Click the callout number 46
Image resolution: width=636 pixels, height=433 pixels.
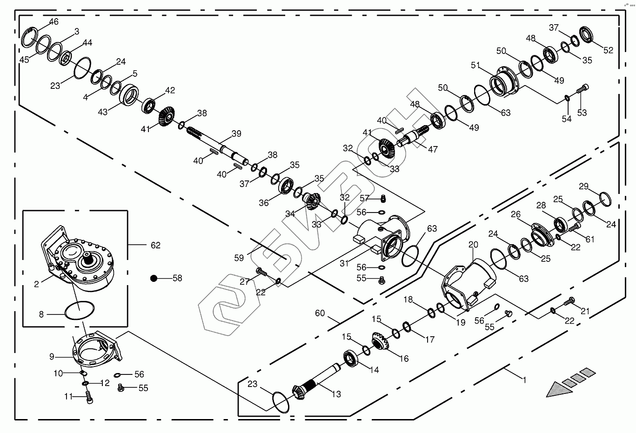point(54,22)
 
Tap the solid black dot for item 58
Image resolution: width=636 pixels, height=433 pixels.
point(154,278)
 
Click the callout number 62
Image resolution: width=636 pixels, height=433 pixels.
point(155,245)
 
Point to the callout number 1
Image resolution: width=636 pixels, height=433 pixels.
point(524,380)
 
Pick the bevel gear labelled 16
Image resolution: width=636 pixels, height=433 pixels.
point(381,341)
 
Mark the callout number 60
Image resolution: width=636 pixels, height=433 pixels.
point(320,313)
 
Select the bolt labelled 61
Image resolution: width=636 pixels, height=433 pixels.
point(574,227)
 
